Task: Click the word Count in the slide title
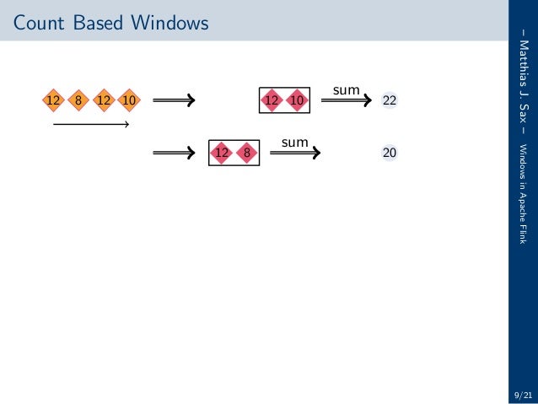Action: (40, 24)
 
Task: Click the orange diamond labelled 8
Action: (78, 101)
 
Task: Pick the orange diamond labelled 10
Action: (129, 101)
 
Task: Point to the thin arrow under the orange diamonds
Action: (90, 126)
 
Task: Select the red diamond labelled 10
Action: (297, 101)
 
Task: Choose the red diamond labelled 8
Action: (247, 153)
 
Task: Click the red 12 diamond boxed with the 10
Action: (272, 101)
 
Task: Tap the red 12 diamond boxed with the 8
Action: (222, 153)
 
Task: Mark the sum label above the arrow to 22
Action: (347, 89)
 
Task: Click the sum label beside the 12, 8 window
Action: (294, 143)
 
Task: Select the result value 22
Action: (390, 101)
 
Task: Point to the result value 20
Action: (390, 153)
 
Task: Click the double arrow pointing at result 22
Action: (346, 101)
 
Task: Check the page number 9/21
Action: (522, 393)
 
